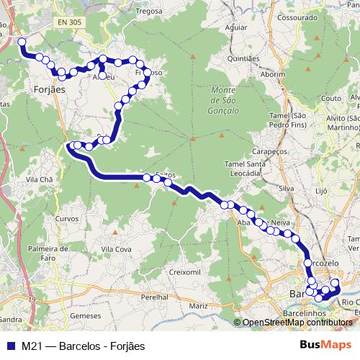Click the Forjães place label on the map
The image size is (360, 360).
[50, 89]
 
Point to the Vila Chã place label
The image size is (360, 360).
[40, 179]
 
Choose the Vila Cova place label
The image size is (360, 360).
[115, 248]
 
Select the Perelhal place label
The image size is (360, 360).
[154, 297]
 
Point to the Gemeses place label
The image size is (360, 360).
[86, 315]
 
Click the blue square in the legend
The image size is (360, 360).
[11, 346]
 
